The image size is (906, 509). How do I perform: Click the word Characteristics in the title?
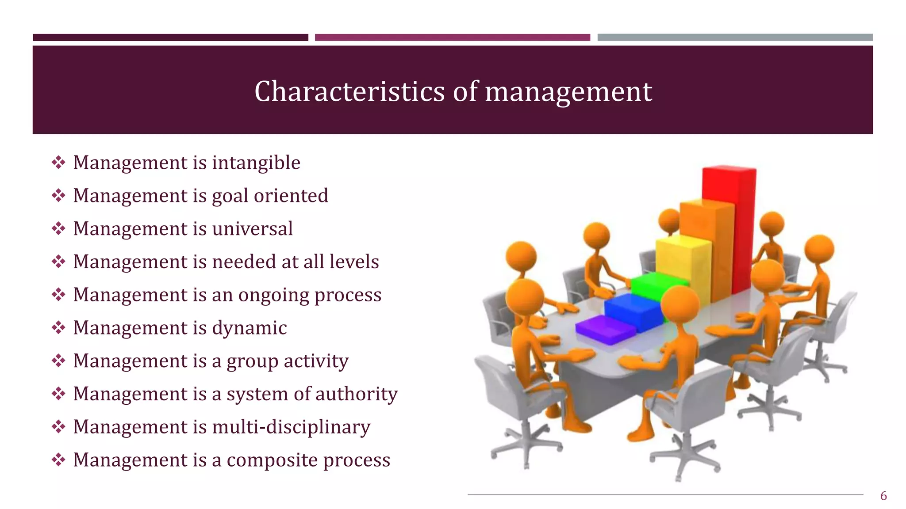(x=349, y=91)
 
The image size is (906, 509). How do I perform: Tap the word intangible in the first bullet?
(x=256, y=163)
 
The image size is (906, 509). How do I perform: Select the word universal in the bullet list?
(x=252, y=229)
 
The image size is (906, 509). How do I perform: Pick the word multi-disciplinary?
(x=291, y=427)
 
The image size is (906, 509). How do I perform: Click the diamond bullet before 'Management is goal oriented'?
(x=58, y=196)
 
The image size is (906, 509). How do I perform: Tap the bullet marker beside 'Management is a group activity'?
(x=58, y=361)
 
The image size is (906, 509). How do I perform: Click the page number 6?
(x=883, y=496)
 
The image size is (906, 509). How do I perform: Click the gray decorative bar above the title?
(x=735, y=38)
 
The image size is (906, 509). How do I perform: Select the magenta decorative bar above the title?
(x=452, y=38)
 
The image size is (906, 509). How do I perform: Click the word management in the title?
(x=568, y=91)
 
